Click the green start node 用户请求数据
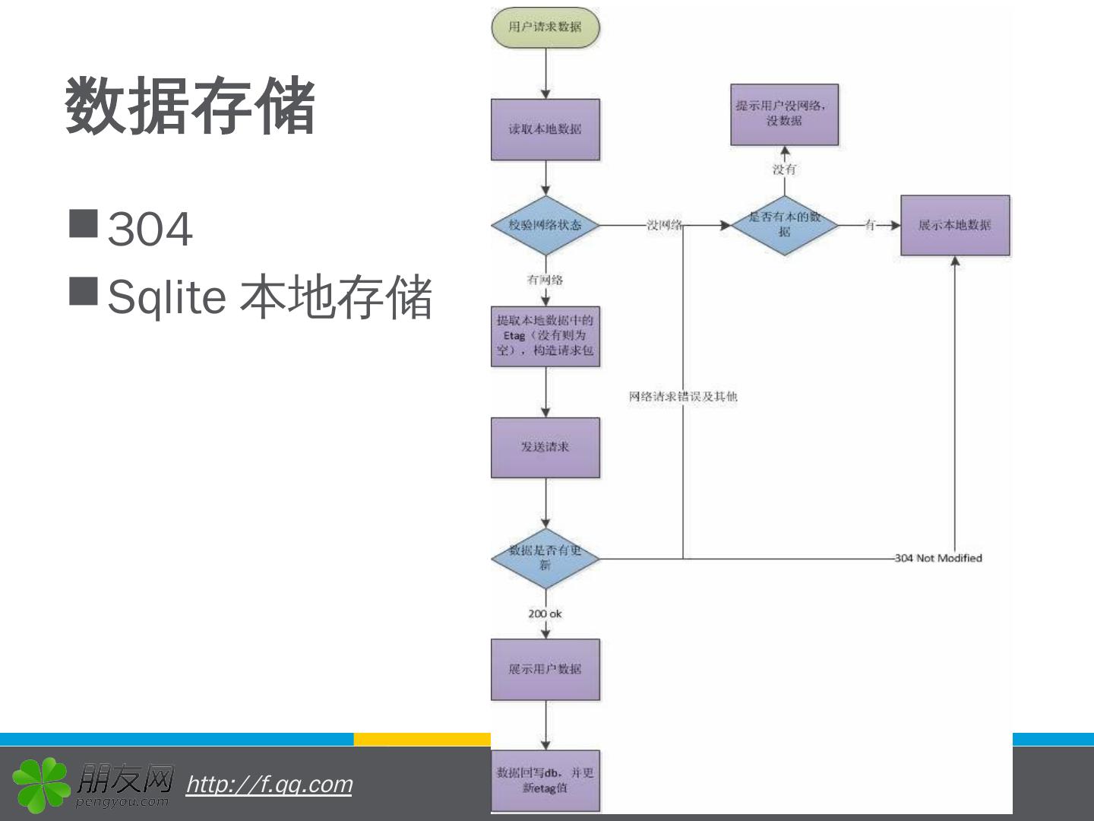(x=545, y=27)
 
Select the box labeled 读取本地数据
(x=545, y=129)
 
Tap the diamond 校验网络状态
(x=545, y=225)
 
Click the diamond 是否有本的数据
(x=784, y=225)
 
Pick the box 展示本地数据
(x=955, y=225)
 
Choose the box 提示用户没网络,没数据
(x=784, y=114)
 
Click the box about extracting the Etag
(x=545, y=335)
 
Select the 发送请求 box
(x=545, y=447)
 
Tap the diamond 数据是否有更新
(x=545, y=558)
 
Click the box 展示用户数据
(x=545, y=669)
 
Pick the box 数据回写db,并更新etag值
(x=545, y=780)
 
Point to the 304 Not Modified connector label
(x=938, y=558)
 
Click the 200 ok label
(x=545, y=613)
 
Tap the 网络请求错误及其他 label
(x=682, y=396)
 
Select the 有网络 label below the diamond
(x=545, y=280)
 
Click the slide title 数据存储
(x=190, y=106)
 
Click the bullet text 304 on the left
(x=150, y=228)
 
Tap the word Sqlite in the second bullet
(x=166, y=296)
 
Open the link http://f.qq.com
(x=269, y=784)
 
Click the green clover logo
(x=40, y=784)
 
